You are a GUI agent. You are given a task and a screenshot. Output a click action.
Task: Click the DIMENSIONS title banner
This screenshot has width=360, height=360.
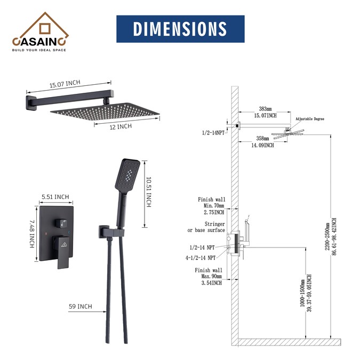click(x=180, y=29)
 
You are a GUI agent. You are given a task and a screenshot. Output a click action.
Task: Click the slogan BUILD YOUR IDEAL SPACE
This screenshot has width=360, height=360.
click(x=39, y=50)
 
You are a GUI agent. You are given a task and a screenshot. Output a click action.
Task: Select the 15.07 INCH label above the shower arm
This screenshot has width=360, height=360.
click(x=65, y=84)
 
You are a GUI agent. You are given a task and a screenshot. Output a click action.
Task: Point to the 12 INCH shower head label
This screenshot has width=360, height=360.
click(x=121, y=127)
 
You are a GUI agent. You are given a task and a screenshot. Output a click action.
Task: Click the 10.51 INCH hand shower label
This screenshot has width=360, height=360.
click(x=149, y=192)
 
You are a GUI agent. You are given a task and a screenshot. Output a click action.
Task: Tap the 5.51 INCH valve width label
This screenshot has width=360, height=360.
click(x=55, y=197)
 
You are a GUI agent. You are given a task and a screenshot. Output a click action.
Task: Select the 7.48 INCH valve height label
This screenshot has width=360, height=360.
click(x=32, y=234)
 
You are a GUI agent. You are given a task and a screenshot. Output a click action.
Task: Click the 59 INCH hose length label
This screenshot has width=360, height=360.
click(x=81, y=307)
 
